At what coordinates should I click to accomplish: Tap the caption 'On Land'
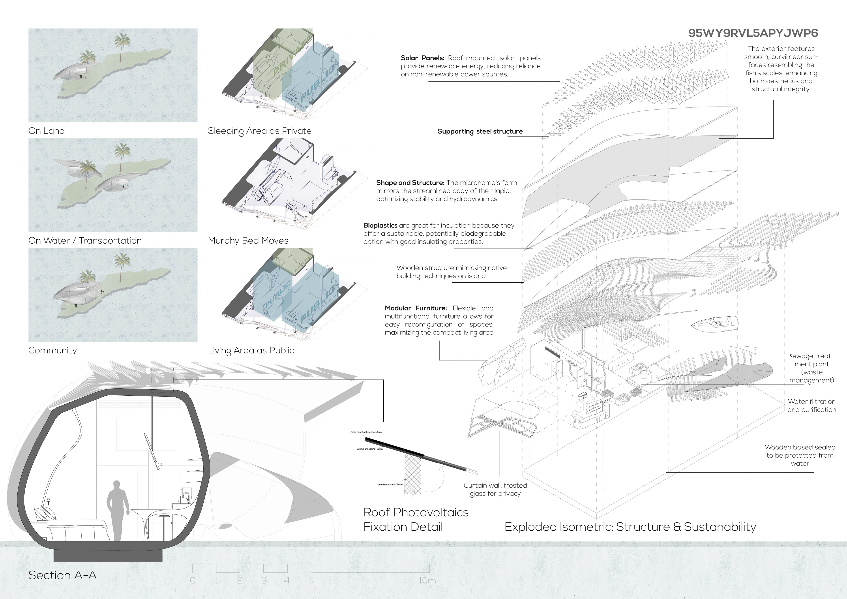tap(47, 131)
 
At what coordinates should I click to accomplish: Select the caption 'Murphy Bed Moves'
tap(248, 241)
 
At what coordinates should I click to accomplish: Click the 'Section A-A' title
tap(62, 575)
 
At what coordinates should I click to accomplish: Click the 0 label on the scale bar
tap(193, 580)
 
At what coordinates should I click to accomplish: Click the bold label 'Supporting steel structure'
tap(480, 131)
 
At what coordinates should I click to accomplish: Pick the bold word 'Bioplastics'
tap(380, 225)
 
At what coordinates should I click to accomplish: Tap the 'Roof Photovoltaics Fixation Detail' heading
tap(415, 519)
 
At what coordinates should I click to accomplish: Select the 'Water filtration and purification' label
tap(811, 406)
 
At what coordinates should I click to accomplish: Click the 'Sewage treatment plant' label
tap(811, 368)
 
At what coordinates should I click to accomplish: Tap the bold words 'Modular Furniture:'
tap(415, 308)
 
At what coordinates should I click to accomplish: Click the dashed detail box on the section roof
tap(162, 380)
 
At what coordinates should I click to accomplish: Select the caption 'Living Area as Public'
tap(251, 350)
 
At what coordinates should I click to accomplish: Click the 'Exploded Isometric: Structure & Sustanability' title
tap(630, 527)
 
